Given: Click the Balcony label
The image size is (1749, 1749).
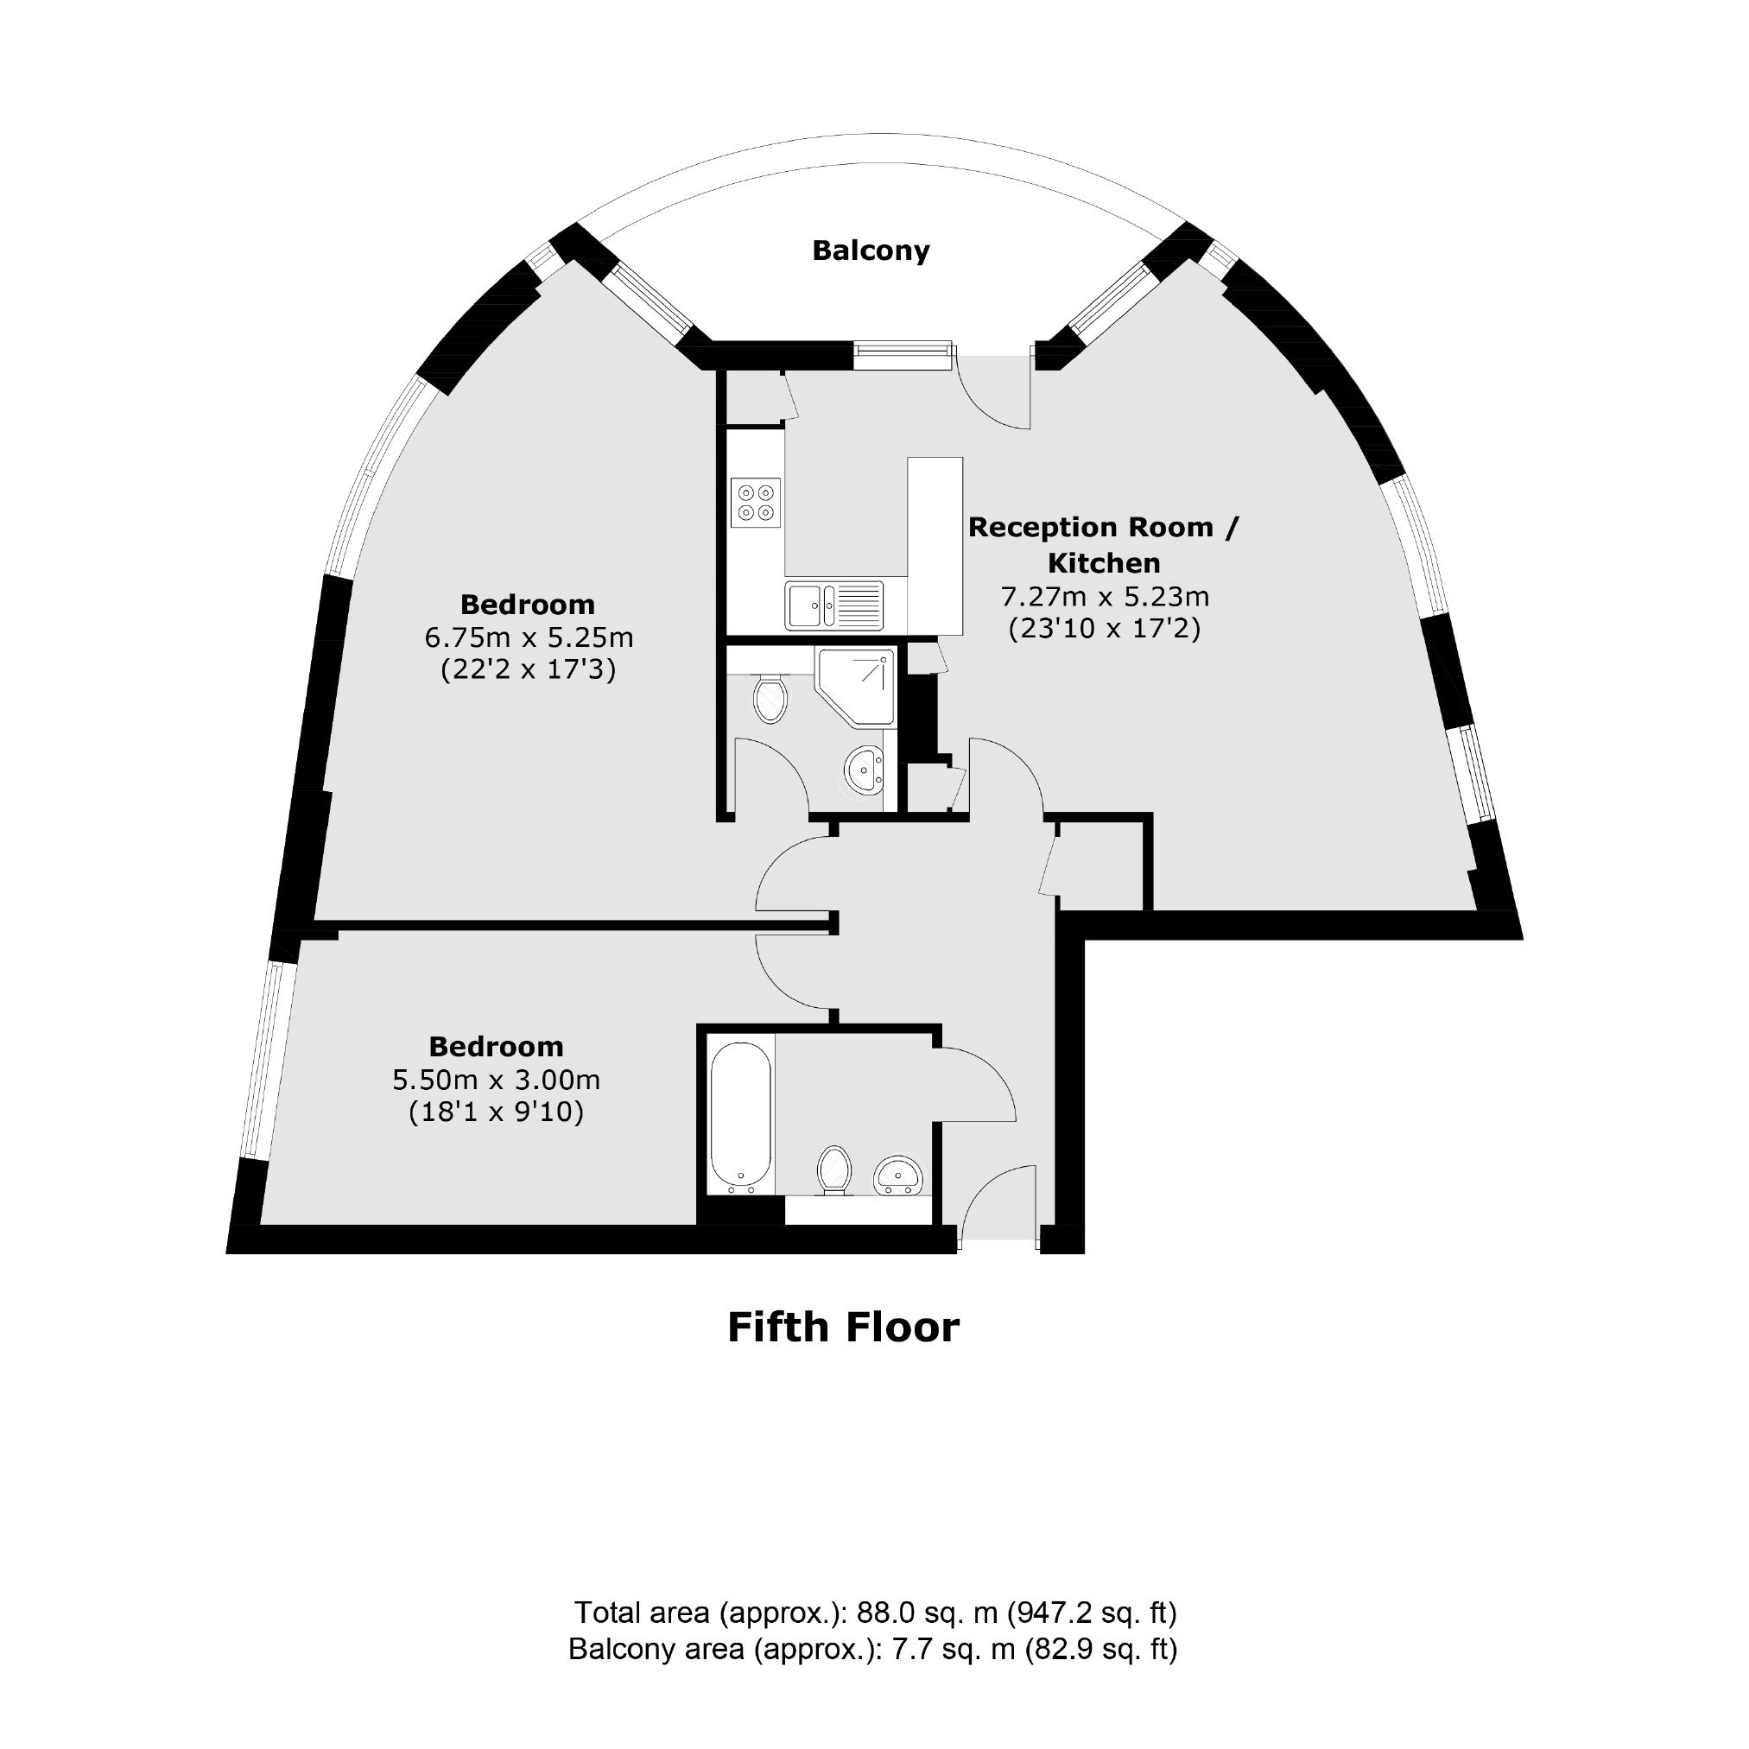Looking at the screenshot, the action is click(870, 250).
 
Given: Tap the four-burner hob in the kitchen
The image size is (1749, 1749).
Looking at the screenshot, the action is click(756, 504).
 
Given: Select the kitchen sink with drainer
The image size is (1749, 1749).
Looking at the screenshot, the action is click(833, 605).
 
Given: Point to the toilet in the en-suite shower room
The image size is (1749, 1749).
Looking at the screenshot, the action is click(770, 696).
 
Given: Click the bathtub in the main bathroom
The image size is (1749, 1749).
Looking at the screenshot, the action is click(741, 1118).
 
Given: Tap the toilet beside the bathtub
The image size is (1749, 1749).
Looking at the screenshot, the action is click(833, 1170).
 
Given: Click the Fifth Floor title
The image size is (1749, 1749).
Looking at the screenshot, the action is click(843, 1328).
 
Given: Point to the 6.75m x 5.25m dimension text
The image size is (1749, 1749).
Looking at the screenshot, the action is click(529, 637).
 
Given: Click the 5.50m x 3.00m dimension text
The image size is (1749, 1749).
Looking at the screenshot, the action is click(496, 1080).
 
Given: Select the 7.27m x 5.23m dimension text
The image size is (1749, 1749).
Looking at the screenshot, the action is click(1105, 597).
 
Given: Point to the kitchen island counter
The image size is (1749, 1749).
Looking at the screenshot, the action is click(935, 546).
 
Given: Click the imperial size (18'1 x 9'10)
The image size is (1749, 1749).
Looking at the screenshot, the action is click(496, 1112).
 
